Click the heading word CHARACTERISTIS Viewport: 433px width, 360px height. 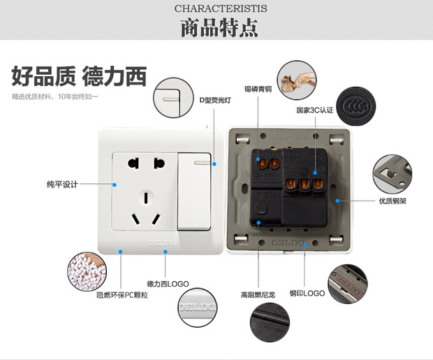(216, 8)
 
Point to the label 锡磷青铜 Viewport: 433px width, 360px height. (258, 89)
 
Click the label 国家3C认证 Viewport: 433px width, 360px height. (315, 110)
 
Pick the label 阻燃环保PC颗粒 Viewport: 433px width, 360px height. (122, 295)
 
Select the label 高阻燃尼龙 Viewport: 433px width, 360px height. (258, 294)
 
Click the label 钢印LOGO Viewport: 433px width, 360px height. (307, 293)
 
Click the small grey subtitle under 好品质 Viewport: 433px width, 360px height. (54, 96)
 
